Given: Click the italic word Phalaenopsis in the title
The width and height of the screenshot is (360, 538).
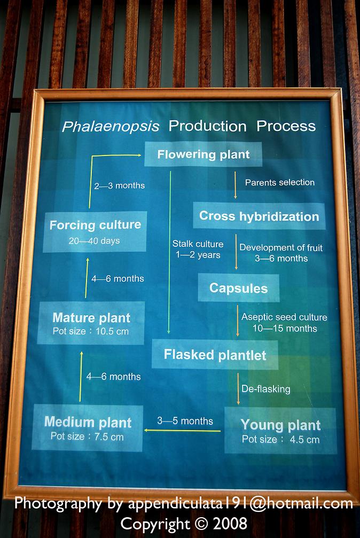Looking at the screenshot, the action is pyautogui.click(x=111, y=127).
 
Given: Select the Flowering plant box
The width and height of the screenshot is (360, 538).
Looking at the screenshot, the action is pyautogui.click(x=203, y=154).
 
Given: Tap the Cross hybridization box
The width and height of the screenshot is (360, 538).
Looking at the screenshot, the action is pyautogui.click(x=259, y=216).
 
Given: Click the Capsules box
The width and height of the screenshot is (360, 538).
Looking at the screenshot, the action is pyautogui.click(x=239, y=288).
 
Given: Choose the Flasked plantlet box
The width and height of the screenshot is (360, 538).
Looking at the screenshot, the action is pyautogui.click(x=215, y=354).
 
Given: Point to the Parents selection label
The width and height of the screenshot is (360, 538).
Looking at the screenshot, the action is pyautogui.click(x=280, y=183).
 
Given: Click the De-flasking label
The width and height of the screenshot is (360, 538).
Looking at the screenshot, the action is pyautogui.click(x=266, y=389).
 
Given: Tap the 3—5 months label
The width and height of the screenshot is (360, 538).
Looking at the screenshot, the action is pyautogui.click(x=185, y=421).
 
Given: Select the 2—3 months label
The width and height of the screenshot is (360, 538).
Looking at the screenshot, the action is pyautogui.click(x=120, y=185).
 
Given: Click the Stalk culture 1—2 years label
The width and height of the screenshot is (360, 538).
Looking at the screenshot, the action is pyautogui.click(x=198, y=249).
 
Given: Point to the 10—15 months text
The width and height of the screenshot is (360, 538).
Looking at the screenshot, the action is pyautogui.click(x=285, y=329).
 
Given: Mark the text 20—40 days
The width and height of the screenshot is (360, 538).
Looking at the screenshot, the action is pyautogui.click(x=95, y=241).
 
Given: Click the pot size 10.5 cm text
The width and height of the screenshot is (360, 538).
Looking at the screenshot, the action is pyautogui.click(x=91, y=331).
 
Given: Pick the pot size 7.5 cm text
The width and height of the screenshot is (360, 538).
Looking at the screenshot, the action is pyautogui.click(x=87, y=436).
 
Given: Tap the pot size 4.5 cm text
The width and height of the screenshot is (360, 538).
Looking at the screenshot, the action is pyautogui.click(x=281, y=440).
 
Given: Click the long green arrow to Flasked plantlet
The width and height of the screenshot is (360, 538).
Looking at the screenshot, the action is pyautogui.click(x=169, y=253).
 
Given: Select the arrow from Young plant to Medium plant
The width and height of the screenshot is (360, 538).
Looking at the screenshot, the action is pyautogui.click(x=182, y=431).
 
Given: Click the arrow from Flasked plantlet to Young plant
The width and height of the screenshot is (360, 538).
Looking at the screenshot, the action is pyautogui.click(x=238, y=389).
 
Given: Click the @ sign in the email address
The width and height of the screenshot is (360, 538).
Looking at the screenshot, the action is pyautogui.click(x=259, y=504).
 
